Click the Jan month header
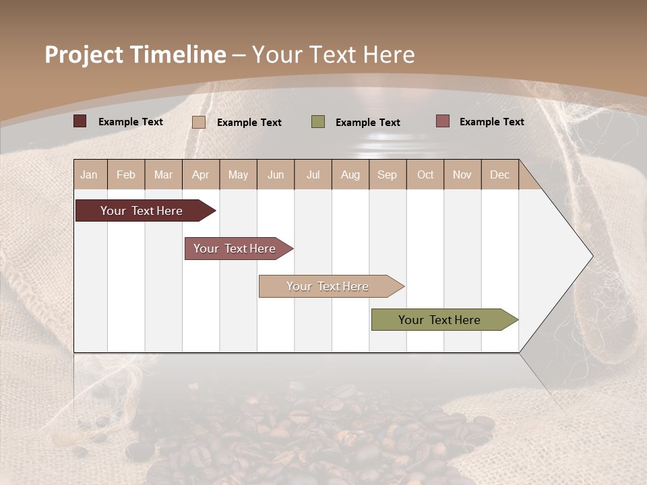pos(89,174)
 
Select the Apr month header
pos(200,174)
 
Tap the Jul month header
pos(313,174)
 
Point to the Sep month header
pos(387,174)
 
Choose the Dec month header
pos(499,174)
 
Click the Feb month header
pos(126,174)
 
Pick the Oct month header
pos(425,174)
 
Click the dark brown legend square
pos(80,121)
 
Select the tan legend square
pos(199,122)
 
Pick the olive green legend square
pos(318,122)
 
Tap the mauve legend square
pos(442,121)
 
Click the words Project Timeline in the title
pos(135,55)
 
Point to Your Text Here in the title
pos(334,55)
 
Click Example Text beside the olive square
pos(368,123)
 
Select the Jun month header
pos(276,174)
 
